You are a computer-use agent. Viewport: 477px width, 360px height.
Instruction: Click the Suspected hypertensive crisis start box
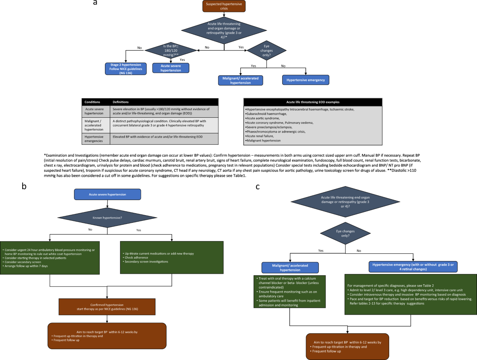[x=224, y=6]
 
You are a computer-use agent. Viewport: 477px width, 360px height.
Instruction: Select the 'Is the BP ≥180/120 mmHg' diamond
[x=171, y=50]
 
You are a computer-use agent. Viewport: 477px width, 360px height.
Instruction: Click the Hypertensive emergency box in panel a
[x=306, y=80]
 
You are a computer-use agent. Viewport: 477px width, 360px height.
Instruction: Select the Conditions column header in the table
[x=93, y=102]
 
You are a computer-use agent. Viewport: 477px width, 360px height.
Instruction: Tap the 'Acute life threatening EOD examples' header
[x=312, y=102]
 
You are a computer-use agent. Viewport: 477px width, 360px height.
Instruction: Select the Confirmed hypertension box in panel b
[x=107, y=306]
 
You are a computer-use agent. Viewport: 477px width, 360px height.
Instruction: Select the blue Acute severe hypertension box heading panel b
[x=107, y=194]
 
